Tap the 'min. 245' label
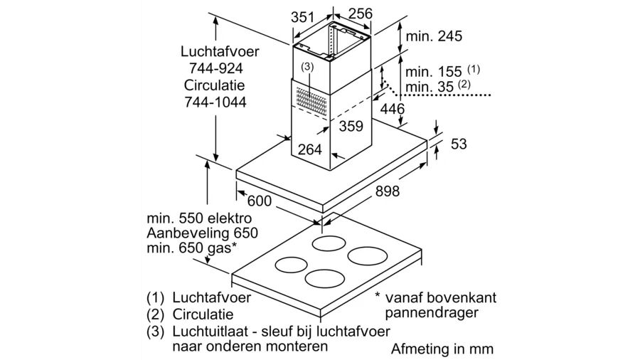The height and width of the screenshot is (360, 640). point(433,36)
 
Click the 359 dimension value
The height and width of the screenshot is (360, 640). point(350,127)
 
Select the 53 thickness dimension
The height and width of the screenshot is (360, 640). point(459,144)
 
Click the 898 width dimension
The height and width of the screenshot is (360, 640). point(385,191)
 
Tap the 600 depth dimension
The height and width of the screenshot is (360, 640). point(260,201)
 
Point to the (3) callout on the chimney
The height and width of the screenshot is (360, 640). point(306,67)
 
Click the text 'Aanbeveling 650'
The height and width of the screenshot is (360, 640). point(202,233)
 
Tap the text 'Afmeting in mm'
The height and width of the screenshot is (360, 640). point(442,349)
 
